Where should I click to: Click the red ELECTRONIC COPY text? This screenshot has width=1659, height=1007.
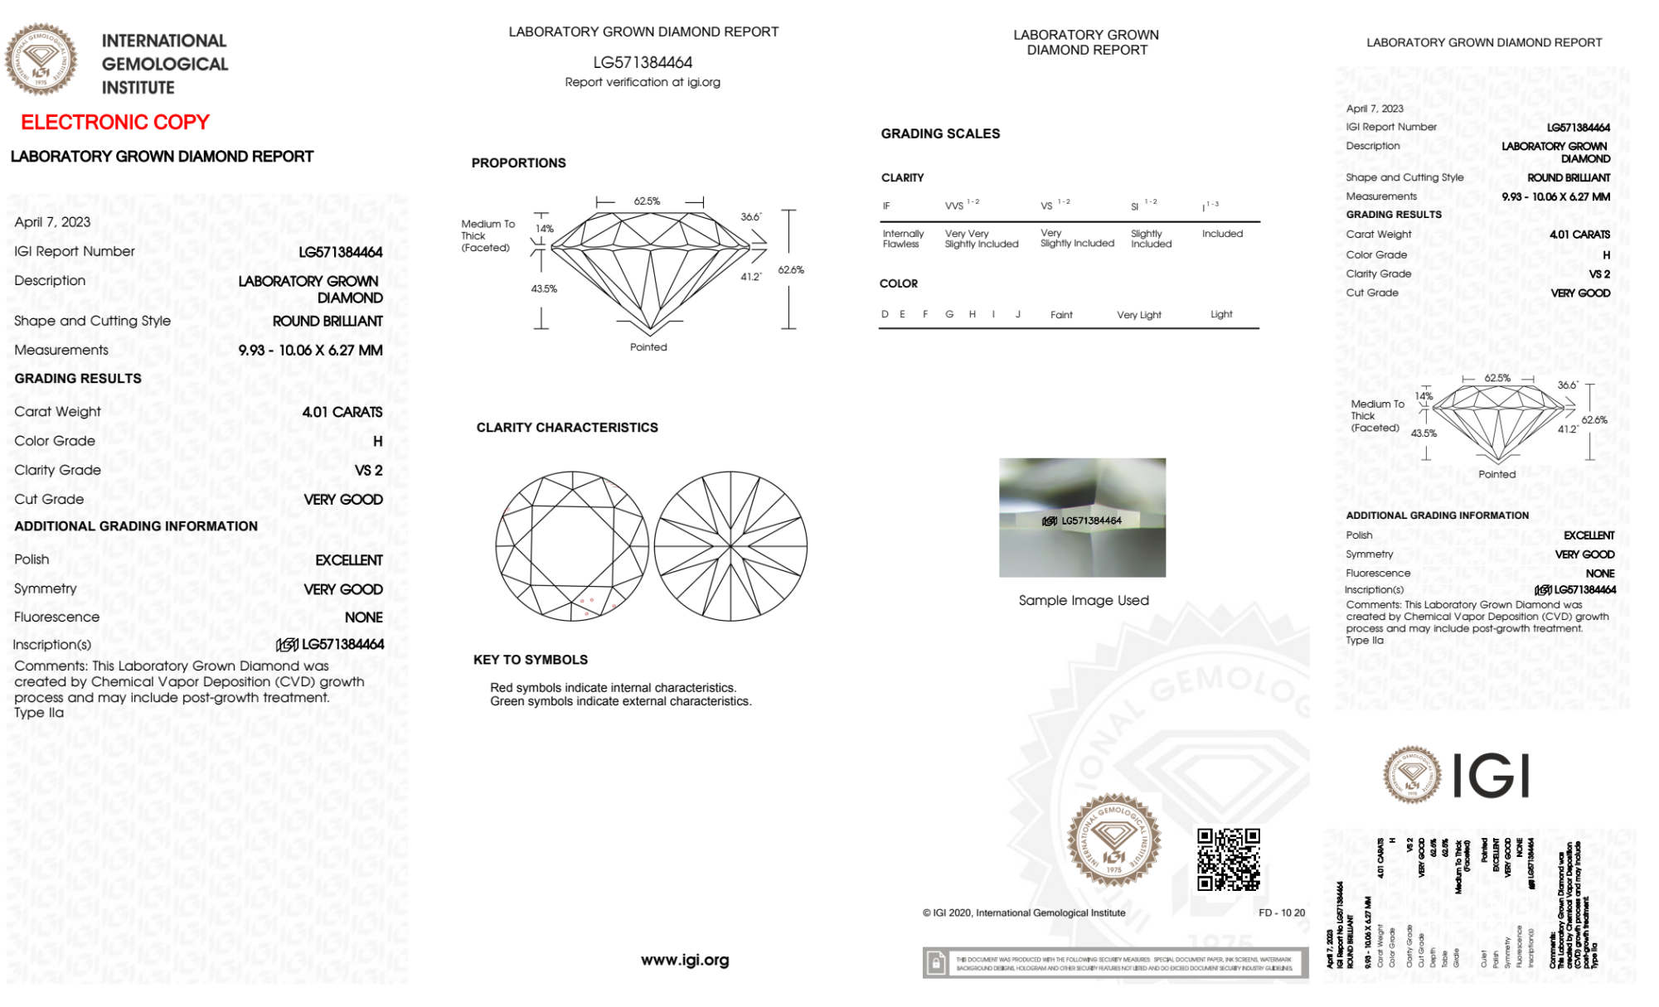click(115, 123)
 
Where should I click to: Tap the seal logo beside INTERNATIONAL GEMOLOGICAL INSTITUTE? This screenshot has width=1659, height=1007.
click(41, 59)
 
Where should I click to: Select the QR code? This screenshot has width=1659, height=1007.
click(1228, 859)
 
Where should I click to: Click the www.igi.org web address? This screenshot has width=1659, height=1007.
click(685, 960)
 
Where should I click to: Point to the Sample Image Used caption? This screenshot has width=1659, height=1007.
click(1084, 600)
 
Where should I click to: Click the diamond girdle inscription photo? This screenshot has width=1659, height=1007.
click(1082, 517)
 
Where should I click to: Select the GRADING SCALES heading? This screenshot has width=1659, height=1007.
click(940, 133)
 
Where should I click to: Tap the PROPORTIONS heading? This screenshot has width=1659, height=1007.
click(518, 163)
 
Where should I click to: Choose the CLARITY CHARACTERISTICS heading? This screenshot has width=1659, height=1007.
click(567, 428)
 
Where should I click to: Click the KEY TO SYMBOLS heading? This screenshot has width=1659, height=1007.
click(531, 660)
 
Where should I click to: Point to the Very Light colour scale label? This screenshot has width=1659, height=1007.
click(1138, 315)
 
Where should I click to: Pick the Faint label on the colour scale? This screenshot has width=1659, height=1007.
click(1061, 315)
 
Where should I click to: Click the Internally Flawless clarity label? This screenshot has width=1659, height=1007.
click(903, 239)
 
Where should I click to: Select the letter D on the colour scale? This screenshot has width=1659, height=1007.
click(885, 314)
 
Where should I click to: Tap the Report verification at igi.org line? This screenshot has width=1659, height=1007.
click(643, 82)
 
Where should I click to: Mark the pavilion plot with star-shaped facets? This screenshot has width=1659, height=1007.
click(730, 545)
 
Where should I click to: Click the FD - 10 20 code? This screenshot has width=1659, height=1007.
click(1281, 913)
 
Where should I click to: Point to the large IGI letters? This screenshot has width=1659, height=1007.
click(1492, 776)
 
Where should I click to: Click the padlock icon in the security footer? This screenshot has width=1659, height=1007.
click(936, 963)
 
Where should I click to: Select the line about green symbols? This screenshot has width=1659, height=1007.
click(620, 701)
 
